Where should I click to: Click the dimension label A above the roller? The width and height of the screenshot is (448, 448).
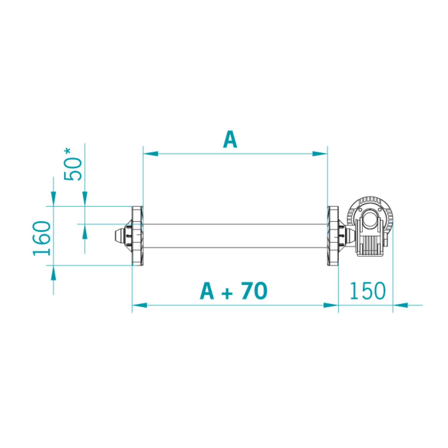coord(230,139)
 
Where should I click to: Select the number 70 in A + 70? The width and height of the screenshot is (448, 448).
coord(254,291)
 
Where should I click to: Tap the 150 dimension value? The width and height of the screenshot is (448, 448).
coord(367,291)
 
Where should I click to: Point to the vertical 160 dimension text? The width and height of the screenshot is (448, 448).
coord(42,238)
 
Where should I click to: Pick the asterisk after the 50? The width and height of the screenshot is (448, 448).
coord(68,151)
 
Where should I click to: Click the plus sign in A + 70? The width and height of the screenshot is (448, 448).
coord(227,294)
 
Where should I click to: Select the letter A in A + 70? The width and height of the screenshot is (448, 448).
coord(207,291)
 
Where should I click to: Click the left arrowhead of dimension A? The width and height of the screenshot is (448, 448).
coord(151,154)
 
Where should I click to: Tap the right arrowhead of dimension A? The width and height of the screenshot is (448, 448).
coord(320,154)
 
